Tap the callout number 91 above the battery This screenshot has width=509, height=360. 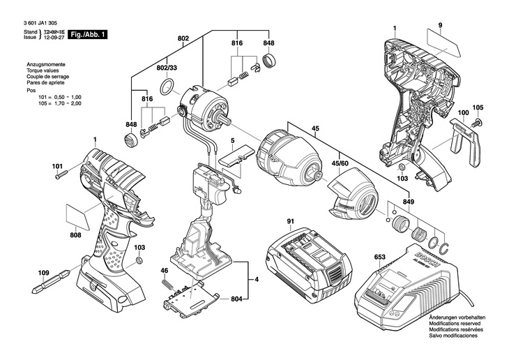[x=291, y=223]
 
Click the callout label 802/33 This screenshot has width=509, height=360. [x=167, y=68]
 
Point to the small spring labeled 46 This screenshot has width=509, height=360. [x=166, y=284]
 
